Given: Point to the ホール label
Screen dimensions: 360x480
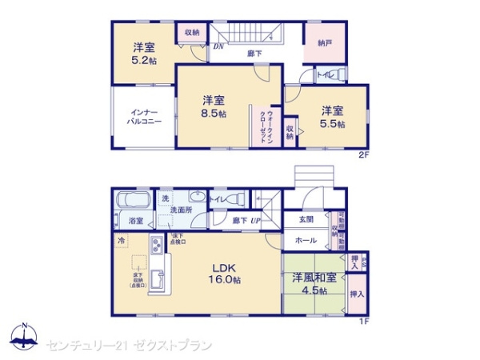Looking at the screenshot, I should coord(306,239).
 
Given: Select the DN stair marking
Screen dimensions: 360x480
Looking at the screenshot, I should coord(217,46).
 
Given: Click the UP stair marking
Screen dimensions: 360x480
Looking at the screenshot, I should coord(257,220).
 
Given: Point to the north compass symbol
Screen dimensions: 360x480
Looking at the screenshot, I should coord(24,334).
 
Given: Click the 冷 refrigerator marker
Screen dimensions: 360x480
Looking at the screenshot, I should coord(121,240).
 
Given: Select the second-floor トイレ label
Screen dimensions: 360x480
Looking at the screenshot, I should coord(325,75).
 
